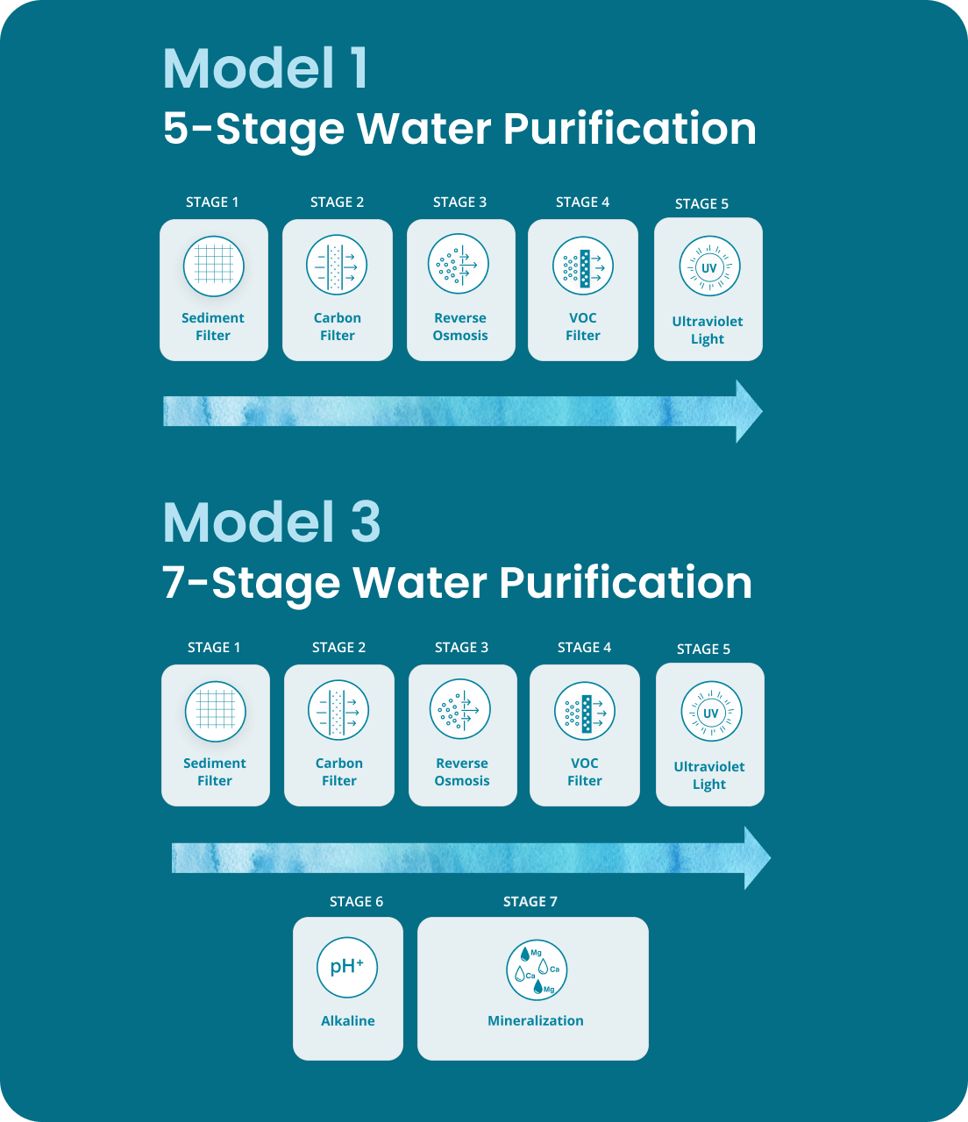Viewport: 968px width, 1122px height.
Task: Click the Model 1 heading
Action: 265,68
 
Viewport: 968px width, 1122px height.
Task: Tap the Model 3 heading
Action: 272,522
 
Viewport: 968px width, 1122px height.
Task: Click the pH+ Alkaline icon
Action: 347,967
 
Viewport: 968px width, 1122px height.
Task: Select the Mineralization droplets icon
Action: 537,970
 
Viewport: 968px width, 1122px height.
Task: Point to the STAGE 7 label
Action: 530,901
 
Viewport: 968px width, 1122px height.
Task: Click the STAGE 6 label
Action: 356,901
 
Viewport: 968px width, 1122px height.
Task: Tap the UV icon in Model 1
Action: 709,266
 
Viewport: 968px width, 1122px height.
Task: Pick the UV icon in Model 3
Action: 711,712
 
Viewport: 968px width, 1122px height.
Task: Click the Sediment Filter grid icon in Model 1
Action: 213,266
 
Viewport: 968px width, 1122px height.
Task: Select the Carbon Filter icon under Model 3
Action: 338,711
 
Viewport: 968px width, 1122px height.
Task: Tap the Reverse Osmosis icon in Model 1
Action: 459,265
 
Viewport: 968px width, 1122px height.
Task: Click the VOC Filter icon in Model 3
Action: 585,711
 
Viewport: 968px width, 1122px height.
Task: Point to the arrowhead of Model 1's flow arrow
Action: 748,411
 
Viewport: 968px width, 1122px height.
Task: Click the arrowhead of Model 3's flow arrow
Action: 757,857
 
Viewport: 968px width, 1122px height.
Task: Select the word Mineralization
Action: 535,1020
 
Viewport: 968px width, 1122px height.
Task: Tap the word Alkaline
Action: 347,1020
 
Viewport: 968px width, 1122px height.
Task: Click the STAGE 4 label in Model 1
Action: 582,202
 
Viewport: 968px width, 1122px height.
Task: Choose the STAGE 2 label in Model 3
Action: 338,647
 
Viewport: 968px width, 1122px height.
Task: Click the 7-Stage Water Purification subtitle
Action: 457,583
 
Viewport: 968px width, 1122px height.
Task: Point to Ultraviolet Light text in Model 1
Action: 708,330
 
